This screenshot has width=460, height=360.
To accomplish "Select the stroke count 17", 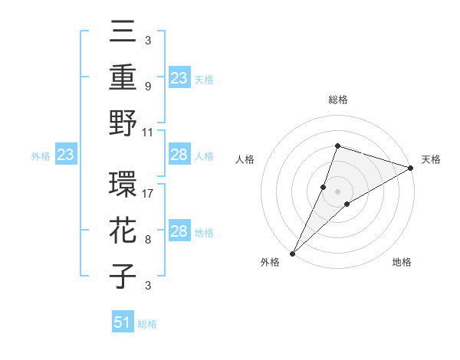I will click(148, 194).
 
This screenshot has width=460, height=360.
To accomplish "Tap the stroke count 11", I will click(148, 132).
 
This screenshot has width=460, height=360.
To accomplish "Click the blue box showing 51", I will click(123, 322).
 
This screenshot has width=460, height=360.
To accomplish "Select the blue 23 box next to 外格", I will click(65, 155).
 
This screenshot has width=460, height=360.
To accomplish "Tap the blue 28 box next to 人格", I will click(179, 155).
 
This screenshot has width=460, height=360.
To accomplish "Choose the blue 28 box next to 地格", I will click(179, 231).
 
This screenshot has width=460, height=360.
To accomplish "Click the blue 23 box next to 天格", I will click(179, 77).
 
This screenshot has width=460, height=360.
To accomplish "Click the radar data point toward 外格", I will click(292, 253).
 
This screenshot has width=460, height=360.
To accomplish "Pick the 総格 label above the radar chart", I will click(337, 100).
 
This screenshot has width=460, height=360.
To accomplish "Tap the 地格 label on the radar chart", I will click(402, 262).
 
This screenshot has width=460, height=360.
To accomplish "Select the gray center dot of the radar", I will click(337, 191).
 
